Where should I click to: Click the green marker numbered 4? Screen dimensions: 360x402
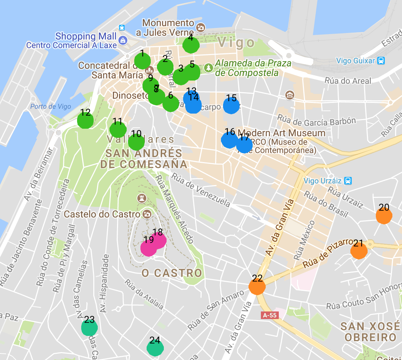coord(191,45)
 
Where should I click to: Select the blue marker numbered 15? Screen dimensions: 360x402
coord(231,106)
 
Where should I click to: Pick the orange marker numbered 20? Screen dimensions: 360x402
coord(384,216)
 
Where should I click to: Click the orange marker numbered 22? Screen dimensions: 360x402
coord(257,286)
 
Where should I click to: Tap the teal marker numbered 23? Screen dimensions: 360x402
coord(89,328)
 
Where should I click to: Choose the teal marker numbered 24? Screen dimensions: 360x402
coord(155,348)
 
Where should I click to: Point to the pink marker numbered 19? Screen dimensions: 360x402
coord(149,248)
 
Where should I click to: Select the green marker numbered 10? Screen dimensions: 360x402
coord(136,141)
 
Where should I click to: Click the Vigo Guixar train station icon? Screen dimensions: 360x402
coord(381,61)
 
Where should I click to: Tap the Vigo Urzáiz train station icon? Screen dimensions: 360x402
coord(348,181)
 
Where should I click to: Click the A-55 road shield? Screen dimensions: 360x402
coord(269,315)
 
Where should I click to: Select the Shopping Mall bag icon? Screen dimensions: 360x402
coord(123,41)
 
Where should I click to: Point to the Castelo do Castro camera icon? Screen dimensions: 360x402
coord(147,214)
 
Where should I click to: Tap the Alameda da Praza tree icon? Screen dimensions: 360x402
coord(208,68)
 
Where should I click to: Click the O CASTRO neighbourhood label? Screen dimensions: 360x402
coord(172,273)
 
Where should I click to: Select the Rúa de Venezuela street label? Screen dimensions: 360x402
coord(201,190)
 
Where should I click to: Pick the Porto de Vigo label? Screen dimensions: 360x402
coord(51,106)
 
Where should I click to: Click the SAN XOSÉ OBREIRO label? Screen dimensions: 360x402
coord(370,331)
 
